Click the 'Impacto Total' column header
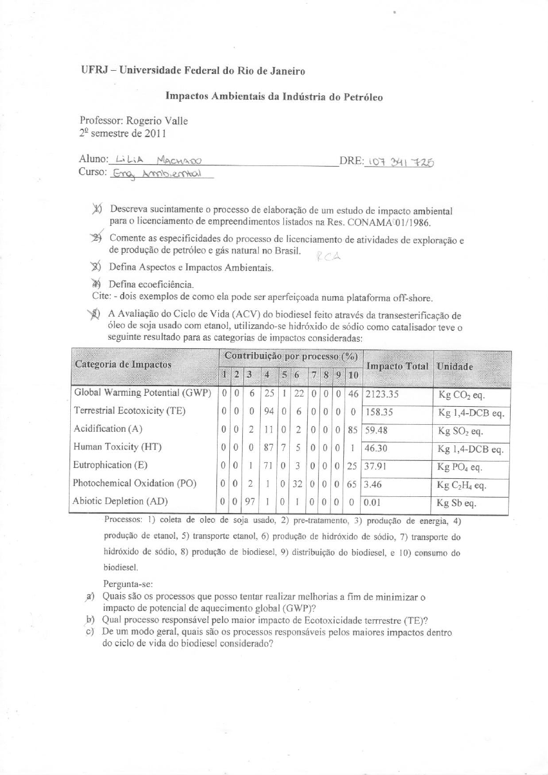(397, 366)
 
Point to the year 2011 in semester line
(156, 134)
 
